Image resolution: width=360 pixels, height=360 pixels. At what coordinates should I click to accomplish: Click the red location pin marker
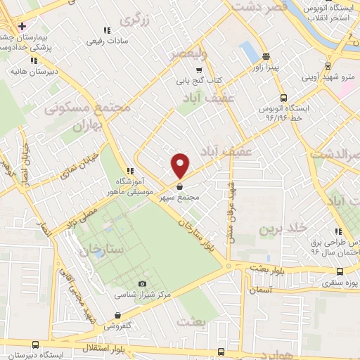click(181, 165)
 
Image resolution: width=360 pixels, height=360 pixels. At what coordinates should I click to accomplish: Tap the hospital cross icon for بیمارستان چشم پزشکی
click(22, 26)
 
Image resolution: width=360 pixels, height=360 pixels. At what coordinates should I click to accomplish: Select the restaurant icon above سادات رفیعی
click(106, 30)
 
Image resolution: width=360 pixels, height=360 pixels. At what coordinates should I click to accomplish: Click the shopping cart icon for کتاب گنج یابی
click(199, 70)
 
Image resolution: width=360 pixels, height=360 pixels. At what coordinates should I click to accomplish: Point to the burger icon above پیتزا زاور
click(265, 56)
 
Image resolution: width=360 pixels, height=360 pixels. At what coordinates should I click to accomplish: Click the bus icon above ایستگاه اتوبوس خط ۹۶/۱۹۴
click(283, 98)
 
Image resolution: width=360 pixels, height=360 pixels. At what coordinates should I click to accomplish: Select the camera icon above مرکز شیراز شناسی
click(143, 283)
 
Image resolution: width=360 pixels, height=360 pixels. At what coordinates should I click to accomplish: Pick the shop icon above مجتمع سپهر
click(181, 187)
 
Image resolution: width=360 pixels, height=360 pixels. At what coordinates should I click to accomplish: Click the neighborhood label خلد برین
click(283, 229)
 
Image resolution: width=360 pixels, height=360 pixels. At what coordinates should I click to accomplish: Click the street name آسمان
click(259, 289)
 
